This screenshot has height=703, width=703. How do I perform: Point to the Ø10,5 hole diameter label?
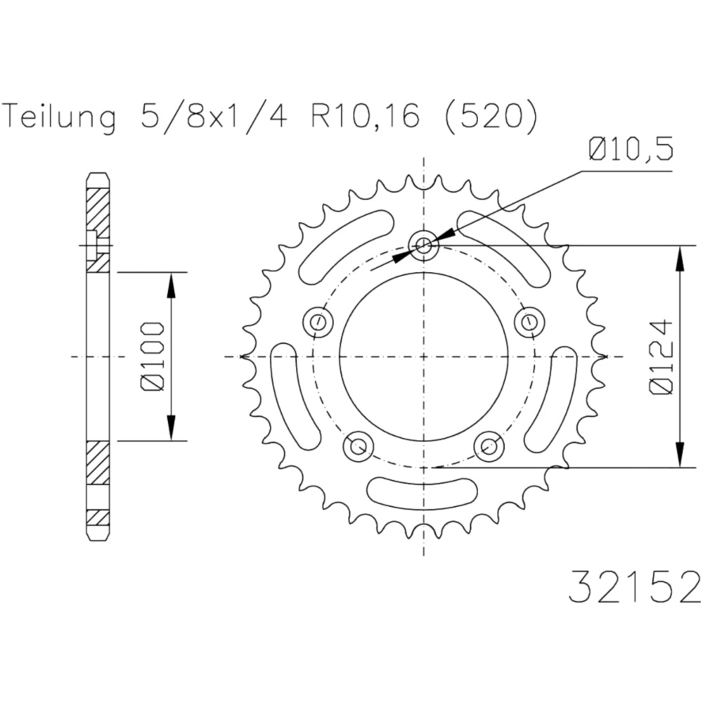(x=631, y=150)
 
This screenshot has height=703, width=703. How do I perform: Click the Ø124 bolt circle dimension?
(x=662, y=357)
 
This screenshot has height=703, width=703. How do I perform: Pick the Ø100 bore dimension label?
(x=152, y=356)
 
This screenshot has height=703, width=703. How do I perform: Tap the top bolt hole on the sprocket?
(x=424, y=245)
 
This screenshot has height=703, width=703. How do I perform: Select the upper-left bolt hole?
(x=318, y=321)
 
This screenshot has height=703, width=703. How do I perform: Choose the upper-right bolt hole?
(x=529, y=321)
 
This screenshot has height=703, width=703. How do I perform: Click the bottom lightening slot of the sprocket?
(x=423, y=494)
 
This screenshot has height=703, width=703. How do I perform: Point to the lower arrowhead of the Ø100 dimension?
(x=171, y=427)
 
